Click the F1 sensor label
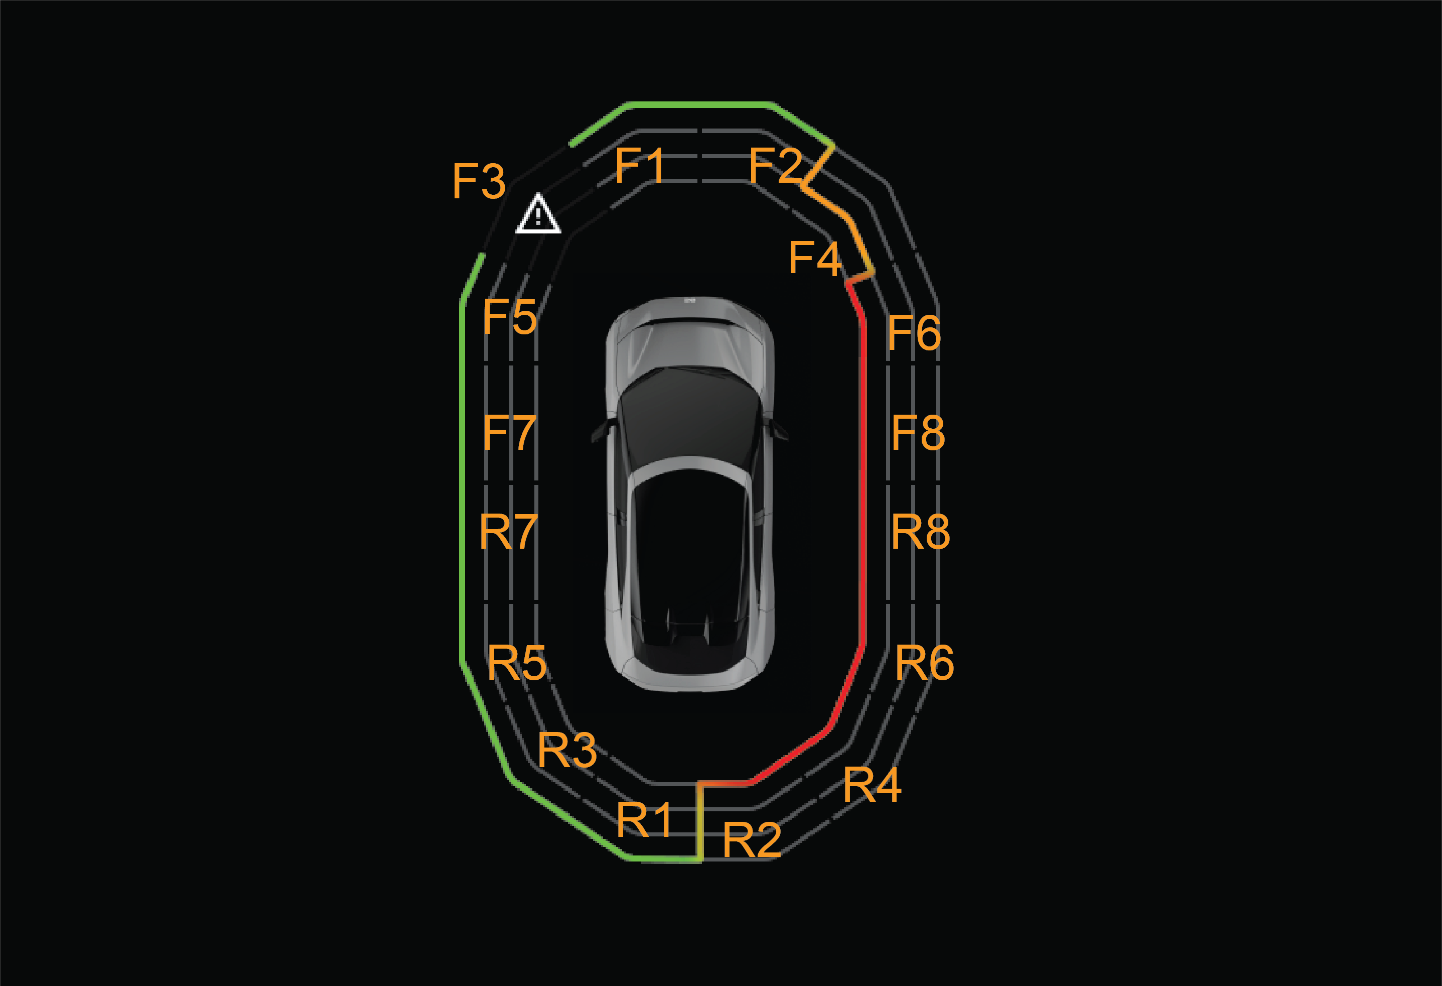(x=639, y=165)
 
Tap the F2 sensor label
(x=776, y=165)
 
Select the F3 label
(x=479, y=181)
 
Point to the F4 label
(x=815, y=258)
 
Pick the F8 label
(x=918, y=432)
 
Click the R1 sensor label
(x=644, y=820)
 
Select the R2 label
(x=752, y=839)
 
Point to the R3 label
(x=567, y=750)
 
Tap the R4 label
(x=873, y=785)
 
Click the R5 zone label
(x=517, y=663)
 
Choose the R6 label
(x=925, y=663)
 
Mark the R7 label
(x=509, y=532)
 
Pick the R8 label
(x=920, y=532)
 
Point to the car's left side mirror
(x=600, y=430)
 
